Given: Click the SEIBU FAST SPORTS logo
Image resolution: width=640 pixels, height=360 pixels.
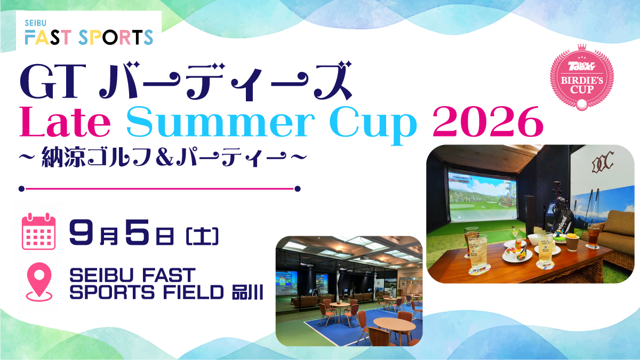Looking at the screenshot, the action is (x=89, y=33).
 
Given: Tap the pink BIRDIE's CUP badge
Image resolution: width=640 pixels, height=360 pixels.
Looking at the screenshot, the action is (x=582, y=77).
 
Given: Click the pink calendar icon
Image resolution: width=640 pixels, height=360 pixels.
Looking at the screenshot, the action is (x=39, y=231).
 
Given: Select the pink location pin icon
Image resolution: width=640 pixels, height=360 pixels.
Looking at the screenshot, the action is (x=39, y=282).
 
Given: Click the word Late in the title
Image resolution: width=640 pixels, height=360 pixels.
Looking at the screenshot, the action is (x=65, y=122).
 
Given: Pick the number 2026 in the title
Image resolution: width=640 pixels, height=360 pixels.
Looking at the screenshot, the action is (x=487, y=122).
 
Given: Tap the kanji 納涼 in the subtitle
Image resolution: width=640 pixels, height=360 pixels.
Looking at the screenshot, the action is (x=63, y=157).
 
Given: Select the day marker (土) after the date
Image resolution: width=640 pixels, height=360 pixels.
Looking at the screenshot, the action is (x=202, y=236).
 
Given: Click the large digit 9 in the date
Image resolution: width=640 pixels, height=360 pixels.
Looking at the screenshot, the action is (x=82, y=231).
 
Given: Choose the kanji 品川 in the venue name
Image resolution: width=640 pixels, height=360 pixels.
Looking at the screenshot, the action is (x=247, y=292).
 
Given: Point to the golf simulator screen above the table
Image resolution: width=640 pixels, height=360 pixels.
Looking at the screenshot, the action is (x=482, y=196).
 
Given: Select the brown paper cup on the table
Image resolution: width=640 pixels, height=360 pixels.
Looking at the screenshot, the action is (x=572, y=243).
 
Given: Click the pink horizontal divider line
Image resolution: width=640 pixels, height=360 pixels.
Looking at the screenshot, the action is (x=159, y=189).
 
